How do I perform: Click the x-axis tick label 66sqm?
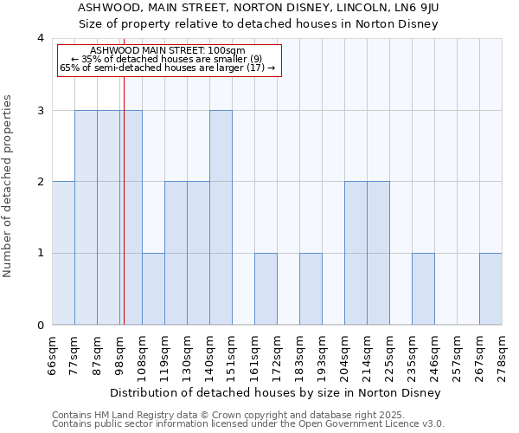point(52,350)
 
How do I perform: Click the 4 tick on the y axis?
point(41,38)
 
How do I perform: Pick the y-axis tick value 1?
point(41,254)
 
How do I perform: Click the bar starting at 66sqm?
point(63,253)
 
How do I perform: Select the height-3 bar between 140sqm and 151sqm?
point(221,217)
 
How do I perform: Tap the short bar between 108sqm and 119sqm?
point(153,289)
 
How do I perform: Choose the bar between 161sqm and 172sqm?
point(266,289)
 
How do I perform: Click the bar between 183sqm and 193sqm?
point(311,289)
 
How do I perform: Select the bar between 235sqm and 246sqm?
point(423,289)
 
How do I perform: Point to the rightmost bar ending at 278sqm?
point(490,289)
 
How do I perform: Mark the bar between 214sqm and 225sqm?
point(378,253)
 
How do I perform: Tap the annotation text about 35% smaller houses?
point(170,59)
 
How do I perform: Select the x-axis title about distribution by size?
point(276,393)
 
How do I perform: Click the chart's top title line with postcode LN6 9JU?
point(257,8)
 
